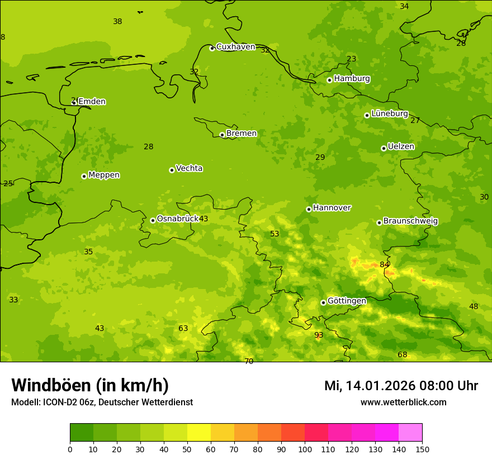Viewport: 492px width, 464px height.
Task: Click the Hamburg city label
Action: click(352, 79)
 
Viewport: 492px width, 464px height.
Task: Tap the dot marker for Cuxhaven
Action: click(212, 48)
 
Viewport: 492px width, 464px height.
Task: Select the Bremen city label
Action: click(242, 134)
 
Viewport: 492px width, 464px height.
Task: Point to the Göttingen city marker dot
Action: click(323, 302)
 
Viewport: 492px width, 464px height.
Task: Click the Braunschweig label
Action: click(410, 221)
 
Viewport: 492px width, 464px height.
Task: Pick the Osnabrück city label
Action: click(178, 219)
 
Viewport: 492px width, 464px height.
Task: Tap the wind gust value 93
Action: click(319, 335)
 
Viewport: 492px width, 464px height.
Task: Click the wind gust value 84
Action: click(385, 265)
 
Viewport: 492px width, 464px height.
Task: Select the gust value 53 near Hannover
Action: click(275, 234)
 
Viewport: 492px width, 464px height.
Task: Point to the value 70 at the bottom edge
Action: click(249, 361)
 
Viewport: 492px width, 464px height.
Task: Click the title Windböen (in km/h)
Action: click(90, 386)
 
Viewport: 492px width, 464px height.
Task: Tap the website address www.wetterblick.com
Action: click(403, 403)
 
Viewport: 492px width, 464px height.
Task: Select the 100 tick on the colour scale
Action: click(305, 449)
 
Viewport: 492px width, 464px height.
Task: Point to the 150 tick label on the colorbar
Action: click(422, 449)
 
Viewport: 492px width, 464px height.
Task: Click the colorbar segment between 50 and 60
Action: click(199, 433)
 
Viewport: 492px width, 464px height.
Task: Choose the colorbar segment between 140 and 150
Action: click(410, 433)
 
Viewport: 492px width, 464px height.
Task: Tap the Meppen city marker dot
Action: click(84, 176)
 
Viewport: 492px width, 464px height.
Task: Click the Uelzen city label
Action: click(401, 147)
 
